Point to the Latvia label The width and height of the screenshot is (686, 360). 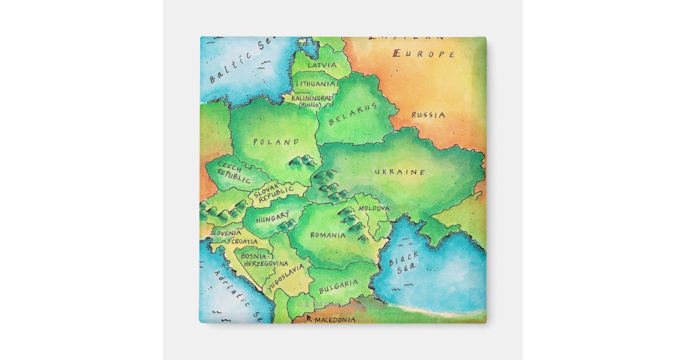[322, 65]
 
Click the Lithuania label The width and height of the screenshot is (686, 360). [315, 83]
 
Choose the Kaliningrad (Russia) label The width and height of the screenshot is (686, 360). [312, 102]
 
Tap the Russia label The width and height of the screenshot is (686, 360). [428, 115]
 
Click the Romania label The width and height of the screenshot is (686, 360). [328, 235]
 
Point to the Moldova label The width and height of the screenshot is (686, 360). [373, 209]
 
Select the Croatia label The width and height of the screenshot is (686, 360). [244, 242]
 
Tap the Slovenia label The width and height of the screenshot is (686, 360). [225, 233]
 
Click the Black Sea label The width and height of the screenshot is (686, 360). [404, 262]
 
